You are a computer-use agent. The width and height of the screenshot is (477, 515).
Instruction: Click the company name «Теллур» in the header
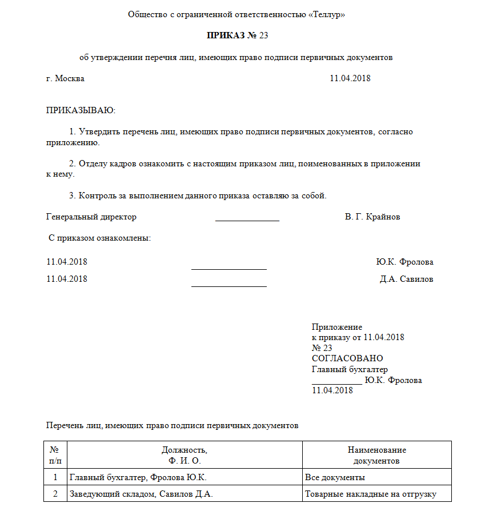click(x=326, y=14)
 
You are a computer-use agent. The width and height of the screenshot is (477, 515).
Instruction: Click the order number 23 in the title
click(x=263, y=35)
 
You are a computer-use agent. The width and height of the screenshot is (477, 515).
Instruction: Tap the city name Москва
click(x=70, y=78)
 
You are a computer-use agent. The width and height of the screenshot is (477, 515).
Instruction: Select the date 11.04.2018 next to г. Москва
click(x=350, y=78)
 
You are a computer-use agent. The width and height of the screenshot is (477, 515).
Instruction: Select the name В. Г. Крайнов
click(x=372, y=217)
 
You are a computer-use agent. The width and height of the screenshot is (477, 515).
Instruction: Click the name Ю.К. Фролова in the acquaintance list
click(x=404, y=262)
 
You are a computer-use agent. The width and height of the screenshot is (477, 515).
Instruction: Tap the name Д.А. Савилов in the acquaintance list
click(x=406, y=279)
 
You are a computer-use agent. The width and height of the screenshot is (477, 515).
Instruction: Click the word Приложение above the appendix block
click(x=337, y=327)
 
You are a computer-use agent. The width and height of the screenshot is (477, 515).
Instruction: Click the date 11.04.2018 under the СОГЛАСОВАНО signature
click(x=332, y=390)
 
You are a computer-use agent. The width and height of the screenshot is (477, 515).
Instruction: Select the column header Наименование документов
click(x=376, y=455)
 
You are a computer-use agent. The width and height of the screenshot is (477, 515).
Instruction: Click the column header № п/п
click(x=55, y=455)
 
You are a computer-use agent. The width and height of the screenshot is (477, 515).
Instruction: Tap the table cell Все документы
click(x=335, y=477)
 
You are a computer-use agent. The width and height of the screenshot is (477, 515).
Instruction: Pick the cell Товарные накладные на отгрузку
click(x=370, y=494)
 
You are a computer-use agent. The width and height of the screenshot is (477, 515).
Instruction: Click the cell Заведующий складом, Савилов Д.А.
click(x=141, y=494)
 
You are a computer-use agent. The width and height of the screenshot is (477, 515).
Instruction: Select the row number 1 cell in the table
click(x=55, y=477)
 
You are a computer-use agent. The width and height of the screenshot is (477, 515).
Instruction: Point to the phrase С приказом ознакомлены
click(x=99, y=238)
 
